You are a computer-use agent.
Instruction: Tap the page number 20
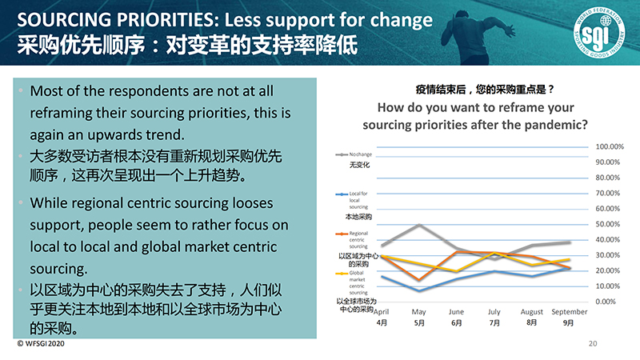point(593,344)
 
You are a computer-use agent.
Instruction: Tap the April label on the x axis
point(382,312)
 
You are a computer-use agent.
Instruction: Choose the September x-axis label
point(570,312)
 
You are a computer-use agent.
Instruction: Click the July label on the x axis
point(494,312)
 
